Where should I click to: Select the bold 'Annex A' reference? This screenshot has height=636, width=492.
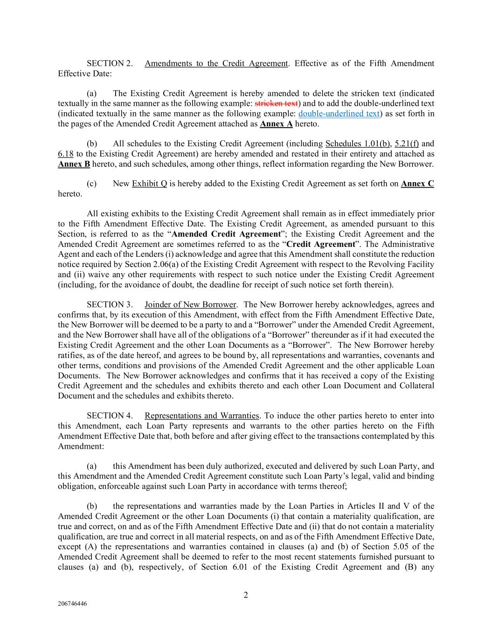276,124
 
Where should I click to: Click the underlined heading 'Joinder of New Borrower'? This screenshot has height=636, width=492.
190,305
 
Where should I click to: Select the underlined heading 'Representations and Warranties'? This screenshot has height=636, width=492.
202,416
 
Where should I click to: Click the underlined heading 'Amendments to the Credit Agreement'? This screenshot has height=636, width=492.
216,63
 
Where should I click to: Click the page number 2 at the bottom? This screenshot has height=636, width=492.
246,595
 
